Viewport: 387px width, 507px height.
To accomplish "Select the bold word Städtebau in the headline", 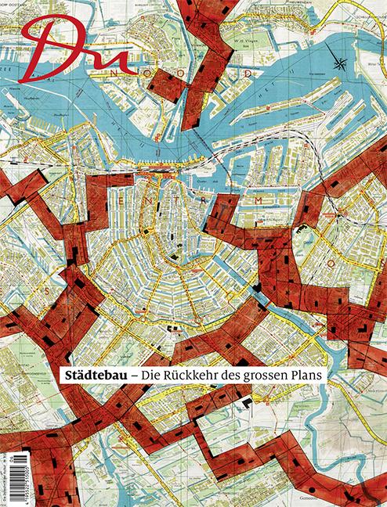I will coord(94,375).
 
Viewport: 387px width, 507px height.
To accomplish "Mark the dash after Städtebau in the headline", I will coord(134,376).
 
